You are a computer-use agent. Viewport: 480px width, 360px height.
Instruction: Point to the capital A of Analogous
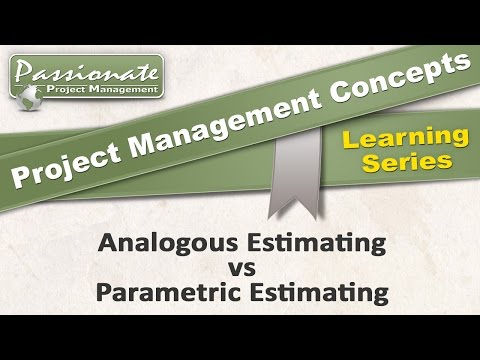(106, 242)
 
